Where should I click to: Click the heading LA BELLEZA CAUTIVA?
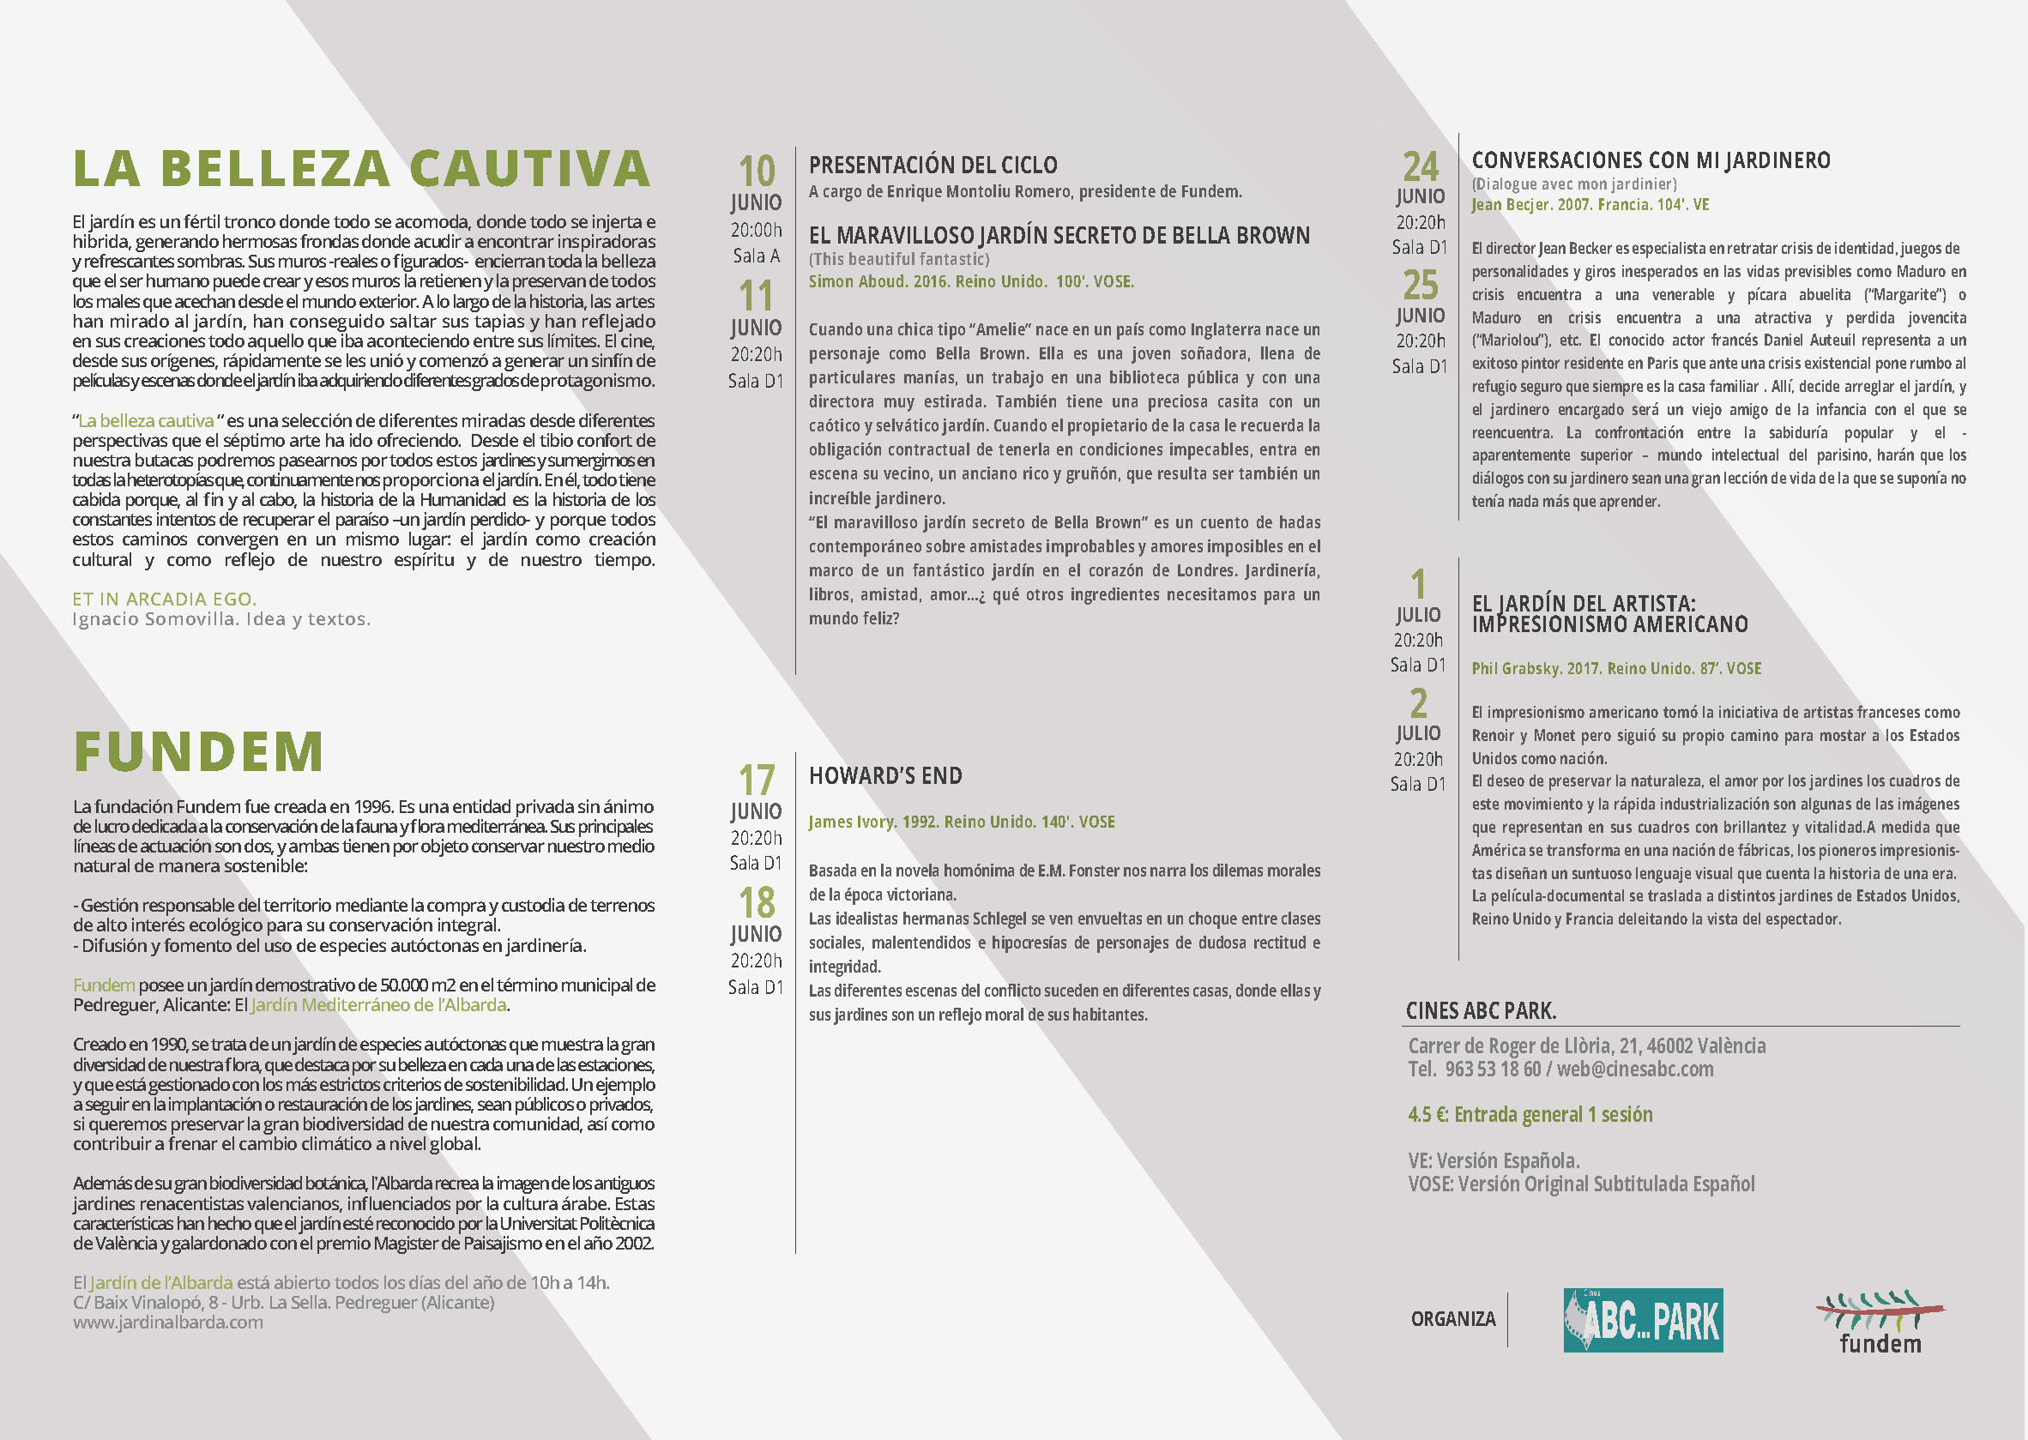click(x=362, y=168)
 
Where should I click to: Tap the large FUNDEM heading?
click(x=199, y=752)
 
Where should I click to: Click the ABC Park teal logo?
click(x=1642, y=1320)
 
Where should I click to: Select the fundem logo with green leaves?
click(x=1880, y=1321)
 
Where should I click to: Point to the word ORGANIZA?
click(x=1452, y=1319)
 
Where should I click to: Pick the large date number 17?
click(x=757, y=780)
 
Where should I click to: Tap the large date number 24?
click(x=1420, y=166)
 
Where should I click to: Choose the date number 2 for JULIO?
click(x=1419, y=703)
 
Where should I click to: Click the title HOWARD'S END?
click(x=885, y=776)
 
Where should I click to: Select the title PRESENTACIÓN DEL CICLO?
click(x=933, y=165)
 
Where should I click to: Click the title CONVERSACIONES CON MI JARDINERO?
click(x=1651, y=160)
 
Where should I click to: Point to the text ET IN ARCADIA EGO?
click(x=164, y=599)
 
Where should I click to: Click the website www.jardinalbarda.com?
click(x=167, y=1322)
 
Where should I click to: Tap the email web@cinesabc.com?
click(x=1634, y=1069)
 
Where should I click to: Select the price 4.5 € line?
click(x=1530, y=1115)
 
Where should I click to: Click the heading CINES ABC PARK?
click(x=1481, y=1011)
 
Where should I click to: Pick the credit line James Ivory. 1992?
click(x=961, y=822)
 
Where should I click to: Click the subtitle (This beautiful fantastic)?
click(x=898, y=259)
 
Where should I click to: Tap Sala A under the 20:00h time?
click(x=757, y=256)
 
